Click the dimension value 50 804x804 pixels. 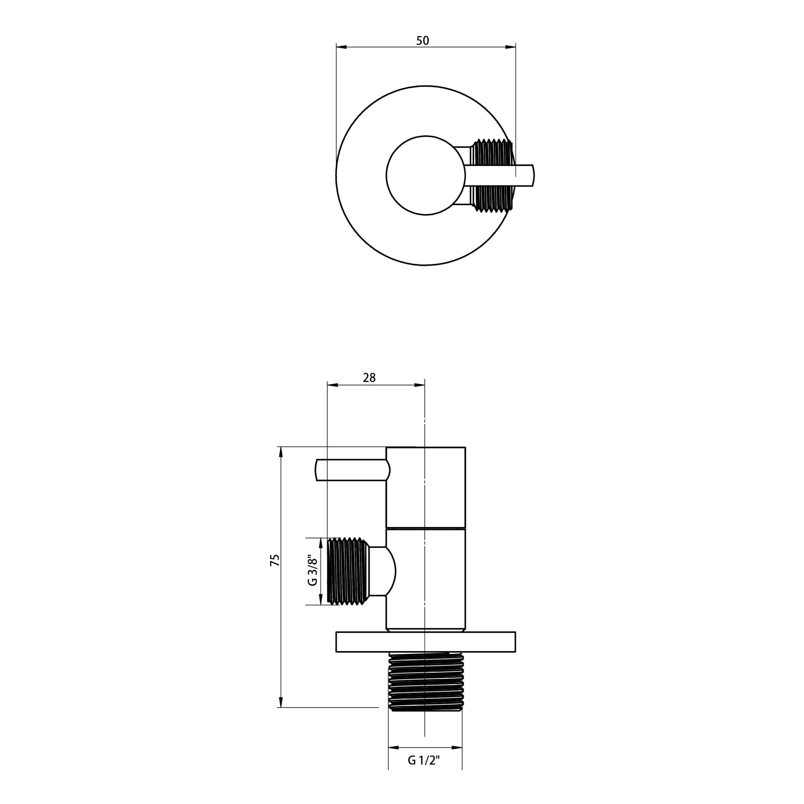pyautogui.click(x=422, y=41)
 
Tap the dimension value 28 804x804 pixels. pyautogui.click(x=369, y=378)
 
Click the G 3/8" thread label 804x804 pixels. pyautogui.click(x=312, y=571)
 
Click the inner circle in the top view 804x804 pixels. pyautogui.click(x=425, y=175)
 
